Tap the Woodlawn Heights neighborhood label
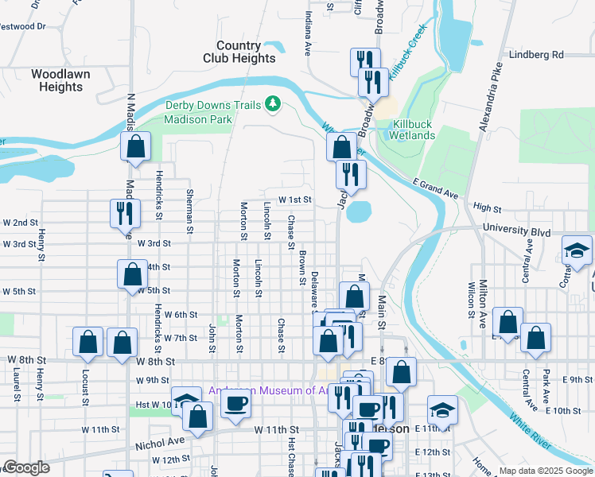(60, 80)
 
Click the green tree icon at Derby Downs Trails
(273, 104)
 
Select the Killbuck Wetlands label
(411, 130)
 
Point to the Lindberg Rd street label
(538, 55)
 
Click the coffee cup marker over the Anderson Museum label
(234, 404)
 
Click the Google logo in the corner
(25, 467)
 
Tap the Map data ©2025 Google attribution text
(546, 471)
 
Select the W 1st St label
(294, 200)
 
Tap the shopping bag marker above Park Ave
(537, 337)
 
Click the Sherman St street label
(189, 211)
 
